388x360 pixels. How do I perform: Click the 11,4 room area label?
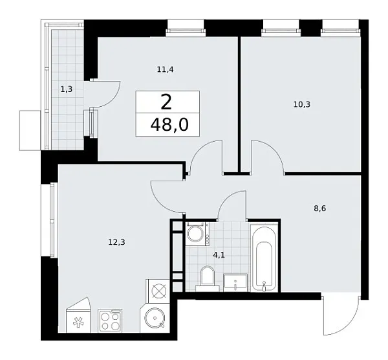click(166, 69)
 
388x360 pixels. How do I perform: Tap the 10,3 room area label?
click(301, 104)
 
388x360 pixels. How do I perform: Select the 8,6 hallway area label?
click(320, 208)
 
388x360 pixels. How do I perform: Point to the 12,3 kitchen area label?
click(117, 242)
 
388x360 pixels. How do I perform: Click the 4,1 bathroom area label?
click(219, 255)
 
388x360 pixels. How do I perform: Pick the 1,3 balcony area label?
click(67, 89)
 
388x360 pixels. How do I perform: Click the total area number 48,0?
click(169, 124)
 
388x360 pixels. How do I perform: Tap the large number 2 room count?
click(166, 102)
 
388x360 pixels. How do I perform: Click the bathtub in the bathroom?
click(264, 258)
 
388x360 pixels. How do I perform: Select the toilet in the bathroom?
click(208, 278)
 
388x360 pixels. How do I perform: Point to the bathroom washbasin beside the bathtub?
click(235, 283)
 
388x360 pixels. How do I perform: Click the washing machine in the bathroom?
click(197, 234)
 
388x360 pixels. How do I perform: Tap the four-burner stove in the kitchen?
click(110, 321)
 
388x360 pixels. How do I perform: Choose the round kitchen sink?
click(155, 318)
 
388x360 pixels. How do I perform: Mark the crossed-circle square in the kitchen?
click(158, 291)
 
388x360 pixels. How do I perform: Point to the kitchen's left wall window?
click(52, 220)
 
